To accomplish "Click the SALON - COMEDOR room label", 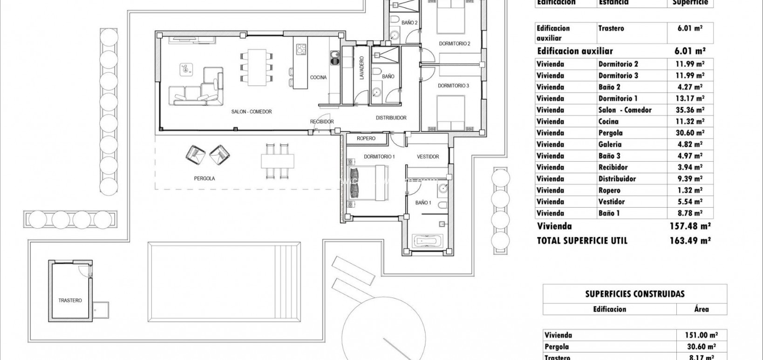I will pyautogui.click(x=251, y=112).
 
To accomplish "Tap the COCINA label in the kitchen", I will pyautogui.click(x=319, y=77).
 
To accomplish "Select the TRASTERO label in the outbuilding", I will pyautogui.click(x=70, y=300).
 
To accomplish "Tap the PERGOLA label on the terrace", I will pyautogui.click(x=204, y=178).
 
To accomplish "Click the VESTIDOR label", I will pyautogui.click(x=428, y=157).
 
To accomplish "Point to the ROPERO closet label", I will pyautogui.click(x=366, y=138).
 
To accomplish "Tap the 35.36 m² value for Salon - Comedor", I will pyautogui.click(x=691, y=110).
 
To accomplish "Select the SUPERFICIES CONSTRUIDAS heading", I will pyautogui.click(x=634, y=294).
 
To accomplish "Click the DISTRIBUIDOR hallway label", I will pyautogui.click(x=391, y=118).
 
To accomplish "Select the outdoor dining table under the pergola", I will pyautogui.click(x=278, y=161).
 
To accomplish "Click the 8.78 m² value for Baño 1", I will pyautogui.click(x=691, y=213).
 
